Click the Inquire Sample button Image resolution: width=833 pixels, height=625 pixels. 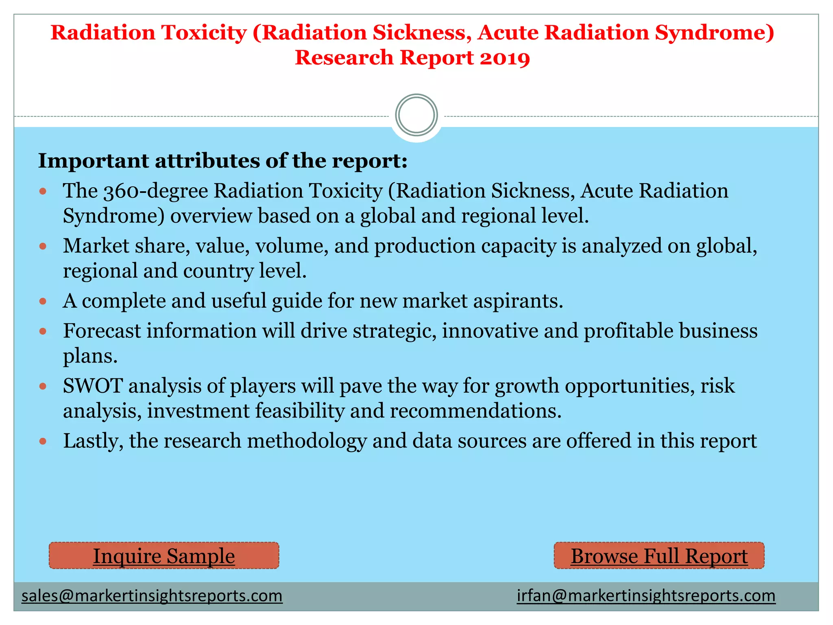pos(164,556)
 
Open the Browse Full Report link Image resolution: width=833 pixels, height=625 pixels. pos(659,556)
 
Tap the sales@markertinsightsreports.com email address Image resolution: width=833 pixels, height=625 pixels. pos(152,596)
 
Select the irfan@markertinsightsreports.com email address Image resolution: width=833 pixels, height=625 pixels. pos(646,596)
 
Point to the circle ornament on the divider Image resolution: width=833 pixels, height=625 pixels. pos(416,115)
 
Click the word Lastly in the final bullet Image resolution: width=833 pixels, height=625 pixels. pos(93,441)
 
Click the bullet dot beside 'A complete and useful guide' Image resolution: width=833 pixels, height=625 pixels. pos(43,302)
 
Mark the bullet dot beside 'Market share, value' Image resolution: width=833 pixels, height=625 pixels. pos(43,246)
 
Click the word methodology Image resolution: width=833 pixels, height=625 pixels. pos(307,441)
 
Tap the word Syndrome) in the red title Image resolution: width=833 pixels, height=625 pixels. pos(714,33)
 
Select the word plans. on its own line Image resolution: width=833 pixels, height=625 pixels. pos(90,356)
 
